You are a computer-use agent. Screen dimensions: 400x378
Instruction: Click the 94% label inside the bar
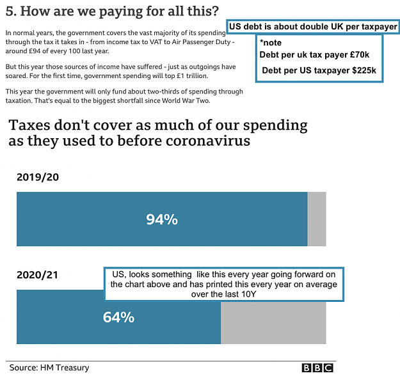coord(162,219)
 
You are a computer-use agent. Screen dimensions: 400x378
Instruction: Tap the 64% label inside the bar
coord(118,317)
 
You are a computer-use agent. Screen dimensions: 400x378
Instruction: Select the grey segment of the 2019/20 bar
coord(317,219)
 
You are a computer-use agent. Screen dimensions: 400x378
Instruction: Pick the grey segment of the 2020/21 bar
coord(273,323)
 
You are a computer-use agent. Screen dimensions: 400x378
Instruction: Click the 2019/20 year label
coord(38,177)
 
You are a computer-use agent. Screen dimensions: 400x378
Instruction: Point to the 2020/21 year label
coord(38,275)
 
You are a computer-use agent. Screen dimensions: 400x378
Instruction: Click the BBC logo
coord(317,368)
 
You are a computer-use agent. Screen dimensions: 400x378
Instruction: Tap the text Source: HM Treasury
coord(49,368)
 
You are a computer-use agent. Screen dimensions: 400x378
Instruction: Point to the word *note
coord(271,43)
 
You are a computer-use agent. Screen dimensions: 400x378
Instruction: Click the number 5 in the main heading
coord(10,12)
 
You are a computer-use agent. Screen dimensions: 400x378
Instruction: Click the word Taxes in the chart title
coord(29,125)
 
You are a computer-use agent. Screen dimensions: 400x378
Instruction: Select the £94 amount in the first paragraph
coord(35,51)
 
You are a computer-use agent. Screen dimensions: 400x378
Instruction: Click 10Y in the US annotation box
coord(248,294)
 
